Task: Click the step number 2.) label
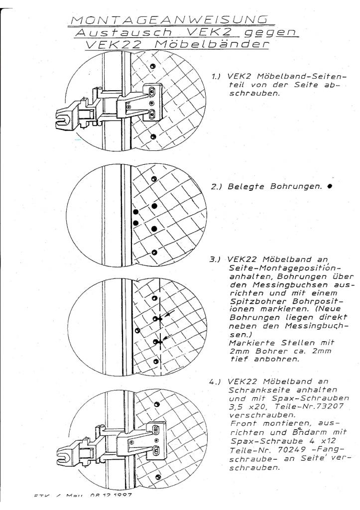tap(217, 188)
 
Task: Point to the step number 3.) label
tap(217, 259)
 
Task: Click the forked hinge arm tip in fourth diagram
tap(64, 451)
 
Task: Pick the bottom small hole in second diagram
tap(154, 253)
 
